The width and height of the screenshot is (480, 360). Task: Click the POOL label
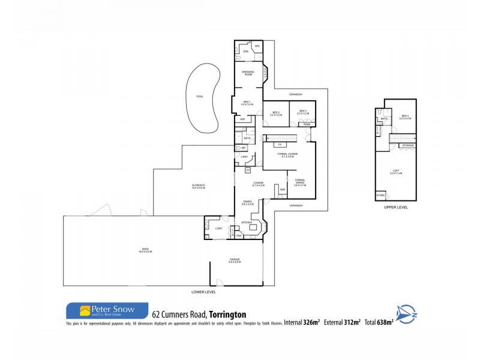200,96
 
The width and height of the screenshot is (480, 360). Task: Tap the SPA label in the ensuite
256,46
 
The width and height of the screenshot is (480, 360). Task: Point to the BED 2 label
276,113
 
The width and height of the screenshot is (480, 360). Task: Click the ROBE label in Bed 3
306,124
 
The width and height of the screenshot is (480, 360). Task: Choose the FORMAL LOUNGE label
288,155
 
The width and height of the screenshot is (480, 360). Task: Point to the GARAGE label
235,260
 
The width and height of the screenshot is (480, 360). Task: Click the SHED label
145,250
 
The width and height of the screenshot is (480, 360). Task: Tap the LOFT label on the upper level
396,172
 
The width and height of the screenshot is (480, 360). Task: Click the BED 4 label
405,116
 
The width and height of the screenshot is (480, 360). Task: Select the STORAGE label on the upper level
408,145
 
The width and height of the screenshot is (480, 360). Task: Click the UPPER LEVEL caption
396,207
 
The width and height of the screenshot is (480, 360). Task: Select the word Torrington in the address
228,314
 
